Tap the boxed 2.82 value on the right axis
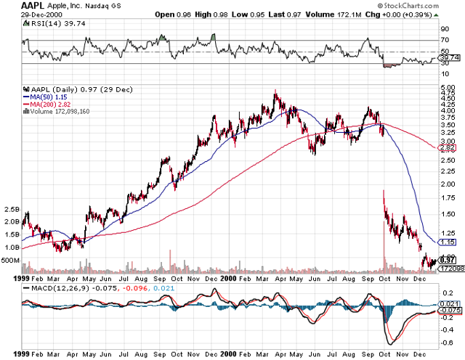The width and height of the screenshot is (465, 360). [448, 148]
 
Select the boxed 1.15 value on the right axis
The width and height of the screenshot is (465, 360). [448, 242]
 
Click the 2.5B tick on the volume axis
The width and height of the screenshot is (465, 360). [10, 209]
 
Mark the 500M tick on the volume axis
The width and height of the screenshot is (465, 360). [10, 259]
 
